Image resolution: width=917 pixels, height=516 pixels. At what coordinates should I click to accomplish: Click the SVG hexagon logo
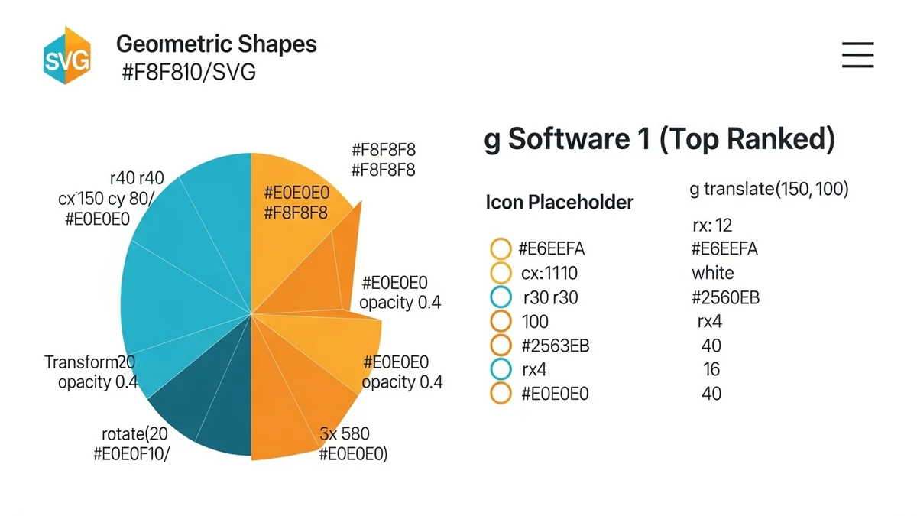[x=67, y=56]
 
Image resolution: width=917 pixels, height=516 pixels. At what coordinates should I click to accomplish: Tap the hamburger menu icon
[x=857, y=55]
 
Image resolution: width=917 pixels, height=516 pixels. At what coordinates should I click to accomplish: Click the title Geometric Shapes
[x=216, y=44]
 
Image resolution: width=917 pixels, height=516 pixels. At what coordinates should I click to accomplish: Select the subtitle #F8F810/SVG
[x=189, y=73]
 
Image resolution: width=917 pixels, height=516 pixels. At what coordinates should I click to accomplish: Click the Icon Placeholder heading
[x=559, y=203]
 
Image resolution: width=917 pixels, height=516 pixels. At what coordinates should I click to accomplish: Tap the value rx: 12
[x=711, y=226]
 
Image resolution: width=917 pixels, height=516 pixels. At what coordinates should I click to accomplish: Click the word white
[x=712, y=273]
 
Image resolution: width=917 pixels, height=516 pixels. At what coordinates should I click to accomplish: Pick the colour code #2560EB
[x=725, y=297]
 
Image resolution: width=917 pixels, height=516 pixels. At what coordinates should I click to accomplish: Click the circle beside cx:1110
[x=500, y=273]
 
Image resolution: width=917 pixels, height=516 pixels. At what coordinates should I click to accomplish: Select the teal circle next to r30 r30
[x=500, y=297]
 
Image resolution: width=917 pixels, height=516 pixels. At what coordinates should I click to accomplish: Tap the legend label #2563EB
[x=556, y=346]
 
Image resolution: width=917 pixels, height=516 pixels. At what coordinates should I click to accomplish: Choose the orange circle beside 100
[x=500, y=321]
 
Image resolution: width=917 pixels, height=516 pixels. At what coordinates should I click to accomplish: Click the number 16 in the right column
[x=711, y=369]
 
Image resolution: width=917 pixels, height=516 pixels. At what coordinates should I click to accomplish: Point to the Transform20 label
[x=89, y=362]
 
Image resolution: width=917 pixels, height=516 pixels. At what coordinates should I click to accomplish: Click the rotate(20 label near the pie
[x=134, y=434]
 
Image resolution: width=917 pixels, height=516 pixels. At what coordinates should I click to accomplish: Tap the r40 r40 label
[x=137, y=179]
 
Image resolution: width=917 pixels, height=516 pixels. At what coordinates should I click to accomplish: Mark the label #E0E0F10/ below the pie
[x=131, y=453]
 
